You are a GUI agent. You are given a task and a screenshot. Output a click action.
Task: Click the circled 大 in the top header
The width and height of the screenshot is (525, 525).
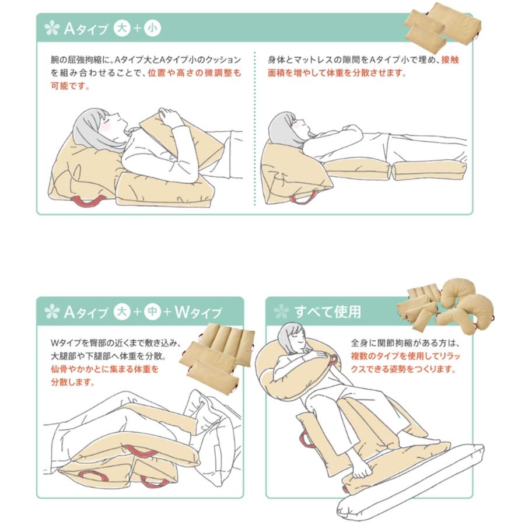122,27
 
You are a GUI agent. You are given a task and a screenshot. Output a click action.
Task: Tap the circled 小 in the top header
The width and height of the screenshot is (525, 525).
152,27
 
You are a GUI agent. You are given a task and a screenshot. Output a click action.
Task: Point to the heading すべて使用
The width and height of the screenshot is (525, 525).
327,312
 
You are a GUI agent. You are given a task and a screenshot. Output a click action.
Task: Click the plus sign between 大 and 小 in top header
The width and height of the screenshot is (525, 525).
137,27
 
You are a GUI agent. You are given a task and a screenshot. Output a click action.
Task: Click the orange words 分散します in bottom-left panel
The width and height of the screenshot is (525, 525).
72,383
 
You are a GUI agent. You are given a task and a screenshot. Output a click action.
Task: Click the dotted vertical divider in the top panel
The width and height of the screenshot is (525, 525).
255,128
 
